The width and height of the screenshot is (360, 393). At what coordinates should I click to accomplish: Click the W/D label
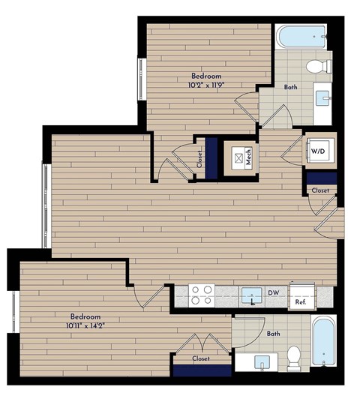(x=317, y=150)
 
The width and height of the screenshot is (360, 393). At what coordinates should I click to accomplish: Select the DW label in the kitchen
(x=274, y=292)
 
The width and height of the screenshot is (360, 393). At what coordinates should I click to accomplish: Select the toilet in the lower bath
(x=294, y=355)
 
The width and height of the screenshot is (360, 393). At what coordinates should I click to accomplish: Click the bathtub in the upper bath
(x=301, y=37)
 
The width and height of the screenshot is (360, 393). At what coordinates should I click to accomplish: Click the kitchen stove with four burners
(x=200, y=294)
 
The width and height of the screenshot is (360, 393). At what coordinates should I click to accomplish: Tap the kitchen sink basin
(x=252, y=294)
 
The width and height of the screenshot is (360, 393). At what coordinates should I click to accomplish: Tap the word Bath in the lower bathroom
(x=273, y=333)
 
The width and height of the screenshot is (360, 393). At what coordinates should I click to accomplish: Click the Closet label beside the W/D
(x=320, y=191)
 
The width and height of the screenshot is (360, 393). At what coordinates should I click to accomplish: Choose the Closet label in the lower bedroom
(x=201, y=358)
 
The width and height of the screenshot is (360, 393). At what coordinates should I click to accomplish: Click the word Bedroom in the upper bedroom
(x=205, y=76)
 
